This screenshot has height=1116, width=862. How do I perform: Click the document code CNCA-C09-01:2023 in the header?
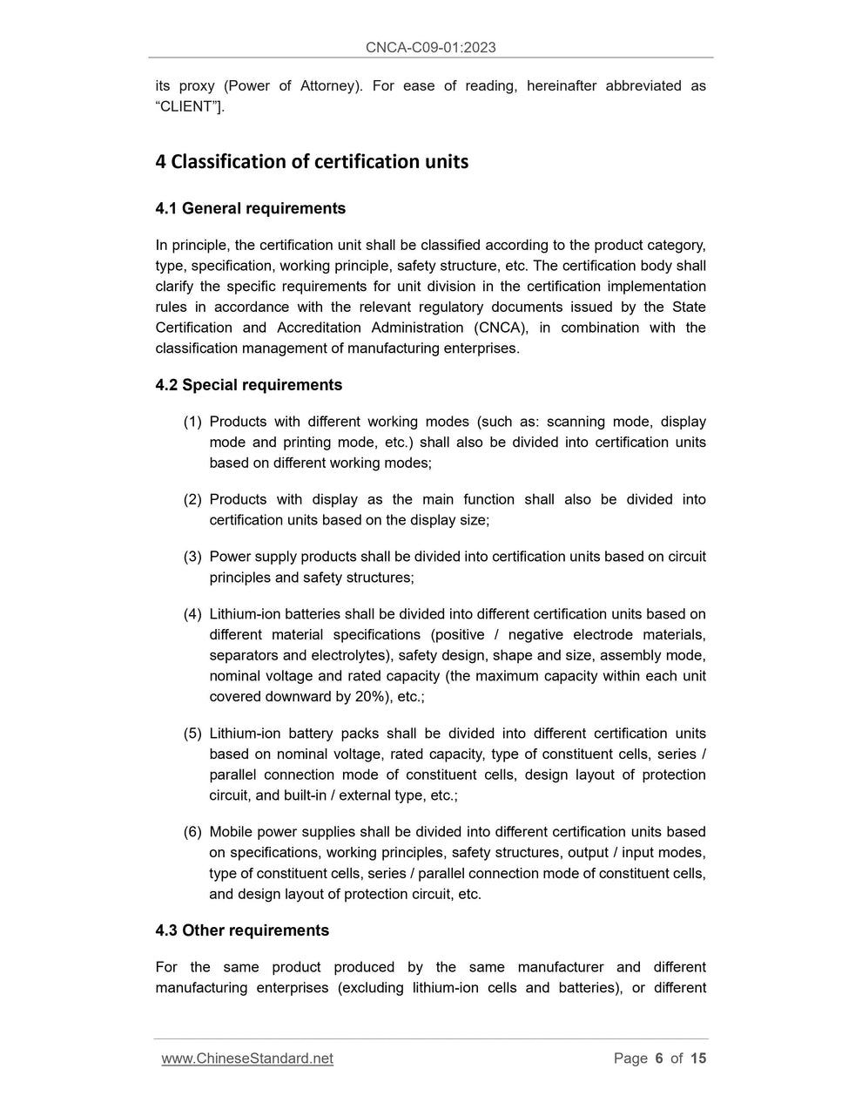[x=430, y=47]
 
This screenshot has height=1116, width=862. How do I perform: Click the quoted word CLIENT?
[x=187, y=106]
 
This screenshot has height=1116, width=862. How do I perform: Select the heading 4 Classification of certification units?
[x=312, y=162]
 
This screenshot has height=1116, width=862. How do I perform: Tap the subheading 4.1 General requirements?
[x=250, y=208]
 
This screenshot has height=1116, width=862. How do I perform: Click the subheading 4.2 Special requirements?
[x=248, y=385]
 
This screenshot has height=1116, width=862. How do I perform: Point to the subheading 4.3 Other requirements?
[x=242, y=930]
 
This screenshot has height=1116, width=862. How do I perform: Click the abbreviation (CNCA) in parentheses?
[x=501, y=328]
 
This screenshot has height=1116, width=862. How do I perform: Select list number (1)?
[x=192, y=422]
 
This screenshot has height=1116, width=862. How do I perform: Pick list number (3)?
[x=192, y=557]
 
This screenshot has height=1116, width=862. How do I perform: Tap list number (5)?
[x=192, y=734]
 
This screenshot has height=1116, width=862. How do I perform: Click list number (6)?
[x=192, y=832]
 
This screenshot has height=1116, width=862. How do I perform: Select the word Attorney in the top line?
[x=327, y=85]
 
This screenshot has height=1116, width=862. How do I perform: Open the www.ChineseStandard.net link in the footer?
[x=247, y=1059]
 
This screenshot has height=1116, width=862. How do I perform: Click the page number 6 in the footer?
[x=659, y=1059]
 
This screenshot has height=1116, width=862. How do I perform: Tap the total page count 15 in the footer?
[x=698, y=1059]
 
